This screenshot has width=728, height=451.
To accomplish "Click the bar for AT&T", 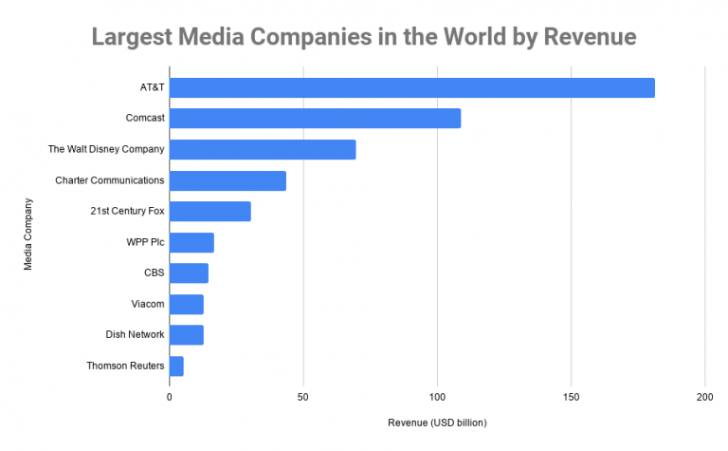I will point(412,87).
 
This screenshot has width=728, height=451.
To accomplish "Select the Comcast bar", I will point(315,119).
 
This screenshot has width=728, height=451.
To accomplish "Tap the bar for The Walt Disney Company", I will point(263,149).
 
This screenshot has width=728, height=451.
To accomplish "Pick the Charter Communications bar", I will point(227,180).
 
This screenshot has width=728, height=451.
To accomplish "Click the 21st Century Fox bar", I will point(210,211).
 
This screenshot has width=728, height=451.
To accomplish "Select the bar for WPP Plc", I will point(191,242).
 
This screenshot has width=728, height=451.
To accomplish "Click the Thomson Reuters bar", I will point(176,366).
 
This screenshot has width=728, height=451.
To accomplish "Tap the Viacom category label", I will point(148,304).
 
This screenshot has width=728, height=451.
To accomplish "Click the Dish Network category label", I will point(136,334).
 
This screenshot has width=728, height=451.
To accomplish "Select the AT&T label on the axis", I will point(152,87).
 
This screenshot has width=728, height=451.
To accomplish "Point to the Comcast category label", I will point(145,119).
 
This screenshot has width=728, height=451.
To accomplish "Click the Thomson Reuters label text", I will point(125,366).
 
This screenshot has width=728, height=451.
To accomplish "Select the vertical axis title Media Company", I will point(28,233).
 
